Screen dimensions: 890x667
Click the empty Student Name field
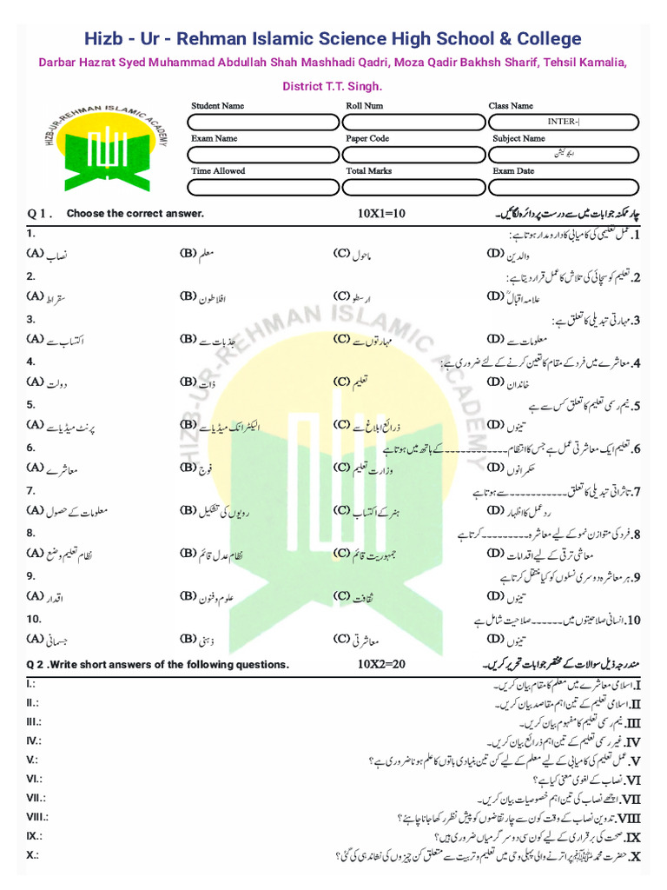pyautogui.click(x=261, y=121)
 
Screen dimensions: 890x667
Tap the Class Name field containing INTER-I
pyautogui.click(x=564, y=121)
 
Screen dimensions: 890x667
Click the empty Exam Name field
pyautogui.click(x=261, y=153)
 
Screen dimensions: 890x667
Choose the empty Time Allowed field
pyautogui.click(x=261, y=186)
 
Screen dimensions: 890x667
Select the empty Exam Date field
pyautogui.click(x=564, y=186)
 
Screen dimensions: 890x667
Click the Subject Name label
pyautogui.click(x=518, y=138)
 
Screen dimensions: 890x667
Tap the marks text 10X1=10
pyautogui.click(x=381, y=213)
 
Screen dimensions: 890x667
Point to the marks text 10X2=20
pyautogui.click(x=381, y=665)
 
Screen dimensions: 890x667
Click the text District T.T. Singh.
pyautogui.click(x=333, y=87)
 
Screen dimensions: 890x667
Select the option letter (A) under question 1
pyautogui.click(x=35, y=254)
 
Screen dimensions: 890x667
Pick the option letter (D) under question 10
pyautogui.click(x=496, y=639)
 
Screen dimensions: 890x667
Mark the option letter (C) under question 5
pyautogui.click(x=341, y=425)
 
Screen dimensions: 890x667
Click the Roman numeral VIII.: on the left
pyautogui.click(x=36, y=817)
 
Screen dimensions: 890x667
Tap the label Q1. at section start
pyautogui.click(x=40, y=213)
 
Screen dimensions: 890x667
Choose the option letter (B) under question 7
pyautogui.click(x=189, y=510)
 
